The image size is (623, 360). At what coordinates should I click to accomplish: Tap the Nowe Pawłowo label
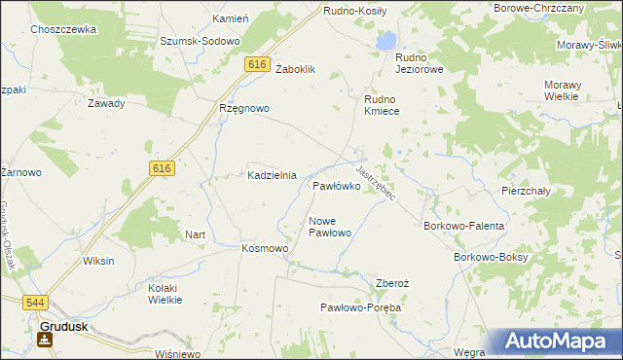329,227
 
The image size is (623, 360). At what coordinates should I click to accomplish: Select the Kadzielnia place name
270,175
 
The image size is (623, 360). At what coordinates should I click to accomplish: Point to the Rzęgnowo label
243,109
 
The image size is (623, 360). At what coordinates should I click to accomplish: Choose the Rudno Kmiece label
388,105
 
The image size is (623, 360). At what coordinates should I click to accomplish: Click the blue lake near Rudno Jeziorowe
387,41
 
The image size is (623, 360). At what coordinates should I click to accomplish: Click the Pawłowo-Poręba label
361,307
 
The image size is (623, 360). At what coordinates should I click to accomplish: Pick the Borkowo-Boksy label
491,257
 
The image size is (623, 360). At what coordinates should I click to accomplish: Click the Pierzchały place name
526,192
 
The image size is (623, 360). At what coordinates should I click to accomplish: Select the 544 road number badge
35,304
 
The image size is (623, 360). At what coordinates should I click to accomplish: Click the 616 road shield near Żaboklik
256,64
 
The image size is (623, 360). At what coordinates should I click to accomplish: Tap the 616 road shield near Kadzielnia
162,168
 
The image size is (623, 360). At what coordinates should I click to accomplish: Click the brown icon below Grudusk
44,340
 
